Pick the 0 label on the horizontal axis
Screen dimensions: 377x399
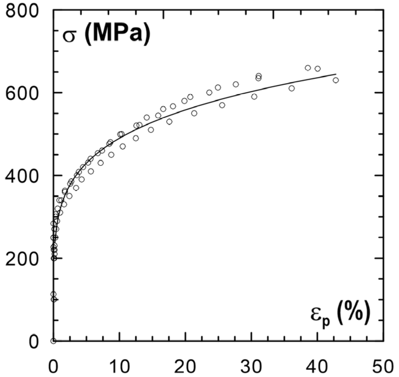point(53,367)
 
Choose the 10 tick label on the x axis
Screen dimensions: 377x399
point(119,367)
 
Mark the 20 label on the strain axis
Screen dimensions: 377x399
point(185,367)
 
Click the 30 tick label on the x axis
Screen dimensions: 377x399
point(251,367)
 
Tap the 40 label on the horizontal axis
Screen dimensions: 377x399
point(317,367)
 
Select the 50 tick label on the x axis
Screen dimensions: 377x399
point(383,367)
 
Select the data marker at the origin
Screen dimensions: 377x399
point(53,341)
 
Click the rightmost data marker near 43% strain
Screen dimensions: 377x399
point(336,80)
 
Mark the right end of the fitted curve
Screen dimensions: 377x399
point(336,74)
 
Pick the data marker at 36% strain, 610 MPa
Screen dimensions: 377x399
point(291,88)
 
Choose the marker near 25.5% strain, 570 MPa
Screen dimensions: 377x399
point(222,105)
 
